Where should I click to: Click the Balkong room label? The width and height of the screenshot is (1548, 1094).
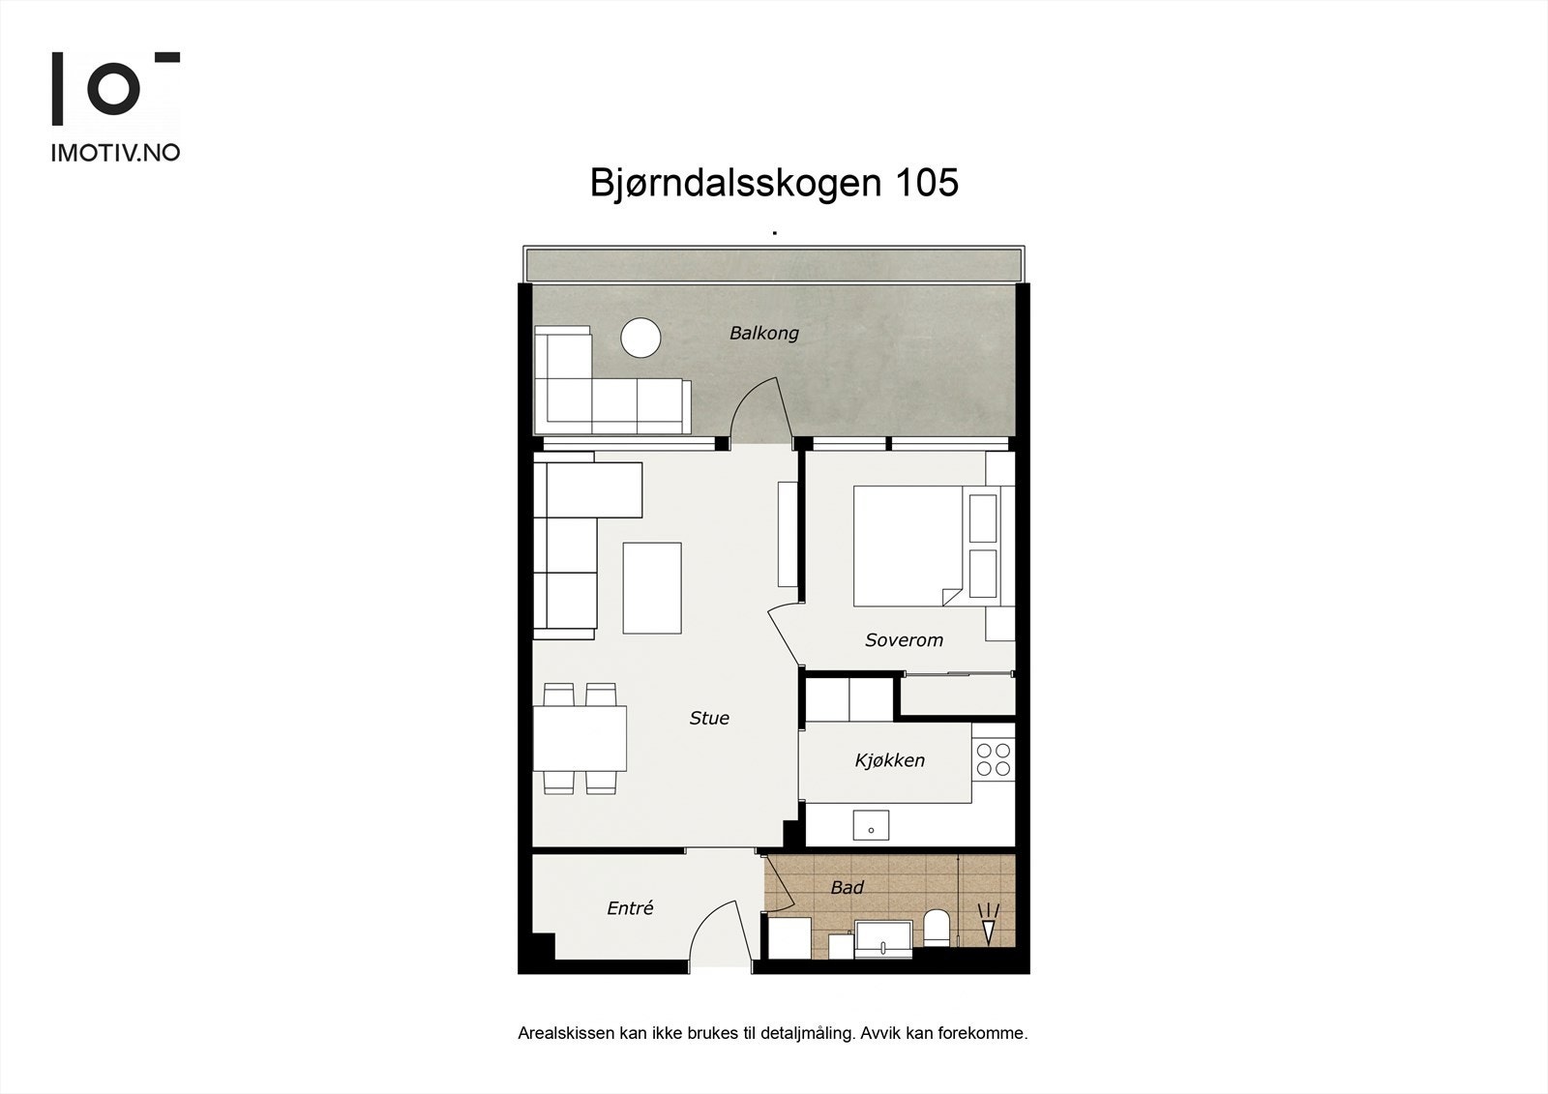click(x=763, y=333)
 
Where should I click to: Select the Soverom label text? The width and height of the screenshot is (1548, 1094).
click(x=904, y=640)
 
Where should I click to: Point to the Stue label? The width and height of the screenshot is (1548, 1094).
click(x=708, y=718)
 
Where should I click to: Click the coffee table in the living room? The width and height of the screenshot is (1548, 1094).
click(x=652, y=588)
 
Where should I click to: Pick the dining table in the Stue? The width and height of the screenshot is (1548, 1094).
click(x=580, y=738)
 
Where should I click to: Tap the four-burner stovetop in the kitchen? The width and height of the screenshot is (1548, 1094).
click(x=993, y=759)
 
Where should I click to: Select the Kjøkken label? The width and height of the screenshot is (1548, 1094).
click(x=889, y=760)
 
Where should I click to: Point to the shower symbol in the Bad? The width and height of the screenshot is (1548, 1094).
click(x=988, y=924)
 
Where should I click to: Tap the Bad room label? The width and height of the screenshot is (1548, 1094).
click(x=847, y=887)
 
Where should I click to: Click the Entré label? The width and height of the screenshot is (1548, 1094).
click(x=630, y=908)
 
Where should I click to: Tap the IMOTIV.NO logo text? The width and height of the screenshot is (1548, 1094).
click(x=115, y=152)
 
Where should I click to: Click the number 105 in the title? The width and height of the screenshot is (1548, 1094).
click(x=926, y=183)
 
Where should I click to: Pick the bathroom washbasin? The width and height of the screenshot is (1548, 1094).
click(x=883, y=938)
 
